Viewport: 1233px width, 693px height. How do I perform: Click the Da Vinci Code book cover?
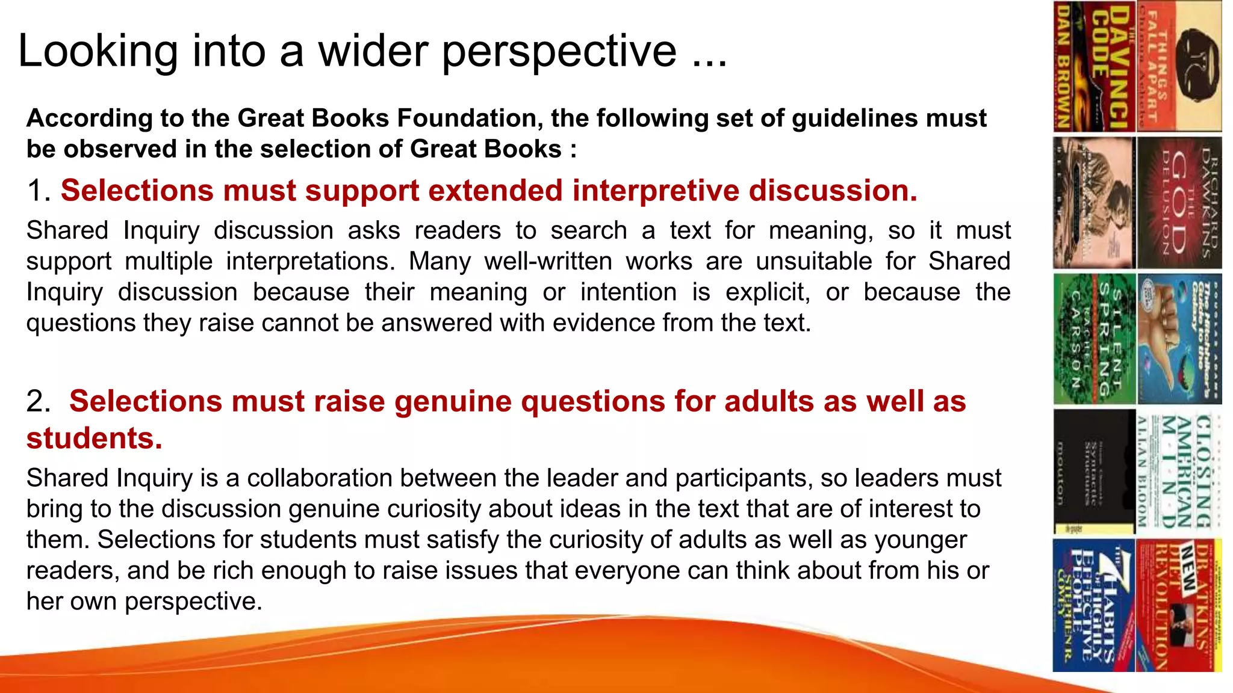[x=1094, y=66]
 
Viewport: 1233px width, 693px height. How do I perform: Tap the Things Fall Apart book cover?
[x=1179, y=66]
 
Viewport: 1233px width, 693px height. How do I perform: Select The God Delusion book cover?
[x=1179, y=203]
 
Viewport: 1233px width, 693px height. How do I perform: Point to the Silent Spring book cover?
[x=1094, y=339]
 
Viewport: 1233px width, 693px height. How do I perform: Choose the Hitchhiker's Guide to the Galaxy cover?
[x=1179, y=339]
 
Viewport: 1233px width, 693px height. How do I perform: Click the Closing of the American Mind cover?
[x=1179, y=472]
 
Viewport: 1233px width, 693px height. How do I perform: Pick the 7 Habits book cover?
[x=1094, y=605]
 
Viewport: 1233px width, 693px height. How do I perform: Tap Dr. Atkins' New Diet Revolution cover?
[x=1179, y=605]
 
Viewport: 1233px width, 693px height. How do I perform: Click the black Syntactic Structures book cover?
[x=1094, y=472]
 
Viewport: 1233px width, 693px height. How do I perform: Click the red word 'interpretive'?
[x=655, y=191]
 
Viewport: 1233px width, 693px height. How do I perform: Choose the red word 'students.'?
[x=95, y=438]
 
